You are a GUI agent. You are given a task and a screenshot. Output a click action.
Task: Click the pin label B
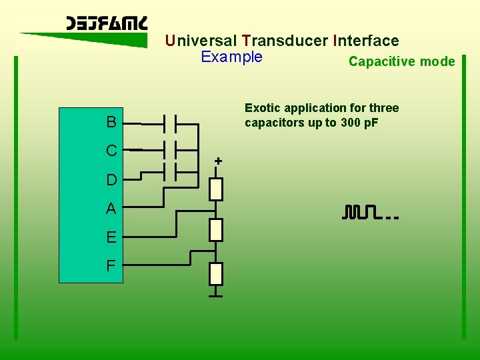pyautogui.click(x=111, y=123)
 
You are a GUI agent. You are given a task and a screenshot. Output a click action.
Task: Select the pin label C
pyautogui.click(x=111, y=151)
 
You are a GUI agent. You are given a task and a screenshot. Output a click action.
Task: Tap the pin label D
pyautogui.click(x=111, y=180)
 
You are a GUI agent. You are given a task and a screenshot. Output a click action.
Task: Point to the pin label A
pyautogui.click(x=111, y=209)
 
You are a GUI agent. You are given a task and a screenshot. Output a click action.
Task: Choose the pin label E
pyautogui.click(x=111, y=237)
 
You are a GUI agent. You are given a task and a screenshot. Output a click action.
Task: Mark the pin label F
pyautogui.click(x=111, y=266)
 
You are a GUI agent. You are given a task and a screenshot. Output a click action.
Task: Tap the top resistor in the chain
pyautogui.click(x=216, y=189)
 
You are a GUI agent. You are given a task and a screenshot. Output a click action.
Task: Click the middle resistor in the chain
pyautogui.click(x=216, y=230)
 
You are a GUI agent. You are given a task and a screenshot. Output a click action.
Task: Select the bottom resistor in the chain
pyautogui.click(x=216, y=273)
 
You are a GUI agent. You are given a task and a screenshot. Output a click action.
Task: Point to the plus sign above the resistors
pyautogui.click(x=218, y=161)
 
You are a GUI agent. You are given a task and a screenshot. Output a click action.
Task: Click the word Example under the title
pyautogui.click(x=231, y=57)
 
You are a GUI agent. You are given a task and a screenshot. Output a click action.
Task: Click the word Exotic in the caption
pyautogui.click(x=262, y=108)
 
